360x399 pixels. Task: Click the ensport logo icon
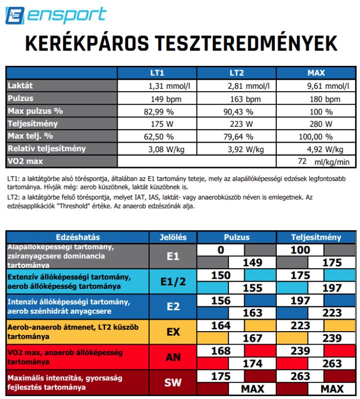click(15, 15)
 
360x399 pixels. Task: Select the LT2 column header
click(236, 73)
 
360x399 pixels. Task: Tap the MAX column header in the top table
click(316, 73)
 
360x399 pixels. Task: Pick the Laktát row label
click(20, 86)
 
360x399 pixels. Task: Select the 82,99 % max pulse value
click(159, 111)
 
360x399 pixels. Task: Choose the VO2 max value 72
click(302, 161)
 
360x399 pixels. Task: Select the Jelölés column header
click(173, 237)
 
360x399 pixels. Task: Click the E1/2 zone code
click(173, 281)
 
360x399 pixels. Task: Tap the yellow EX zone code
click(173, 331)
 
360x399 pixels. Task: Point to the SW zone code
click(173, 383)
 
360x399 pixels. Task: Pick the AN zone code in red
click(173, 357)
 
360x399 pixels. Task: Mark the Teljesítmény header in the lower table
click(316, 237)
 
